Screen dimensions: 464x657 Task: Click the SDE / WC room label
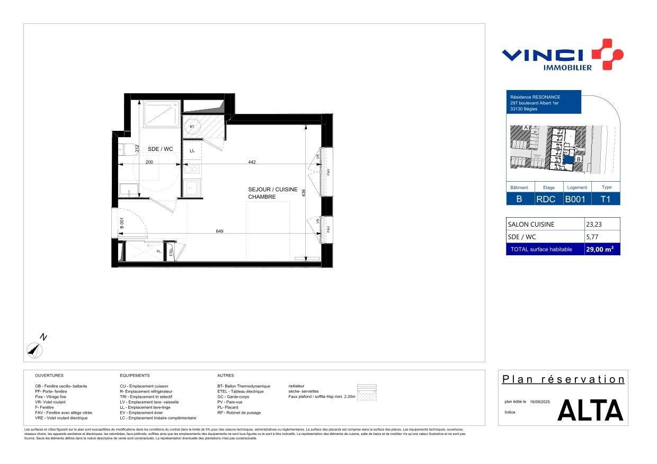click(160, 149)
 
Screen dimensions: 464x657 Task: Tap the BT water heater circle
click(192, 127)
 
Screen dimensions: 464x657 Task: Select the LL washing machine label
click(192, 151)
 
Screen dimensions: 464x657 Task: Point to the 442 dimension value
click(252, 162)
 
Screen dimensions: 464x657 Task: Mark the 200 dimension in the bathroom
click(149, 162)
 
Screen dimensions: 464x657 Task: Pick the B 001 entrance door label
click(121, 224)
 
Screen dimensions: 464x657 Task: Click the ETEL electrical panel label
click(171, 252)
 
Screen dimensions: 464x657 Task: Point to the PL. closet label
click(158, 251)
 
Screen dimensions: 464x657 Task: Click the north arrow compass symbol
click(35, 349)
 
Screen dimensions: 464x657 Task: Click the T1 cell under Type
click(605, 199)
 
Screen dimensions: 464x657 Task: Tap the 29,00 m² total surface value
click(599, 249)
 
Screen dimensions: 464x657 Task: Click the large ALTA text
click(590, 411)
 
